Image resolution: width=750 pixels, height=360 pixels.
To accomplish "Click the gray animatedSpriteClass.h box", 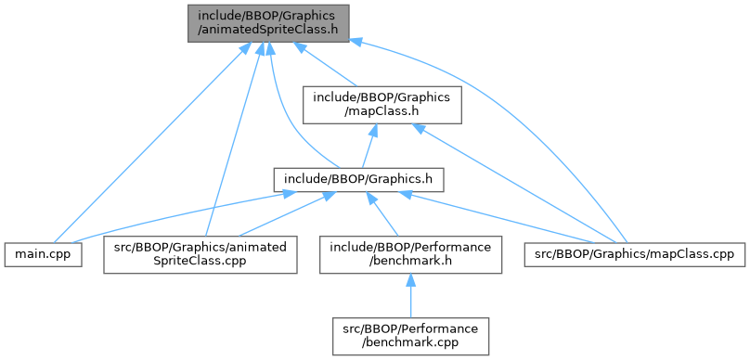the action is coord(268,23).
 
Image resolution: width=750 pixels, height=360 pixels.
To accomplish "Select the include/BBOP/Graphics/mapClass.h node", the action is coord(381,105).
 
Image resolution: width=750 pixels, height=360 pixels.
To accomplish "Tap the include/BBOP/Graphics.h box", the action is coord(358,180).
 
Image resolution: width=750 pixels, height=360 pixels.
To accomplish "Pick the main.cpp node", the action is coord(43,255).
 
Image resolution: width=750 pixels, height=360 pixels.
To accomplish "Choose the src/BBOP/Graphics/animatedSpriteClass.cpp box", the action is coord(200,255).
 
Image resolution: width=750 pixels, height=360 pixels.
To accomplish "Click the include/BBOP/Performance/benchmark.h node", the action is coord(410,255).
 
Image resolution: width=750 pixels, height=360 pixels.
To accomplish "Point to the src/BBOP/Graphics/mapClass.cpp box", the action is coord(635,255).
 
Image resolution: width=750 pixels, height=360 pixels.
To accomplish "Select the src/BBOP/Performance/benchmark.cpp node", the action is coord(410,336).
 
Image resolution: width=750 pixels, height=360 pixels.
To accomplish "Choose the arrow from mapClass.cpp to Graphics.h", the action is coord(499,215).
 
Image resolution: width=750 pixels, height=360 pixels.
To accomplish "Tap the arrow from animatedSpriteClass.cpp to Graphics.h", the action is coord(281,214).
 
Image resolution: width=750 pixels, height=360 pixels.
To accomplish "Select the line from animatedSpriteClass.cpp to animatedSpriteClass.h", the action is coord(233,138).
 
